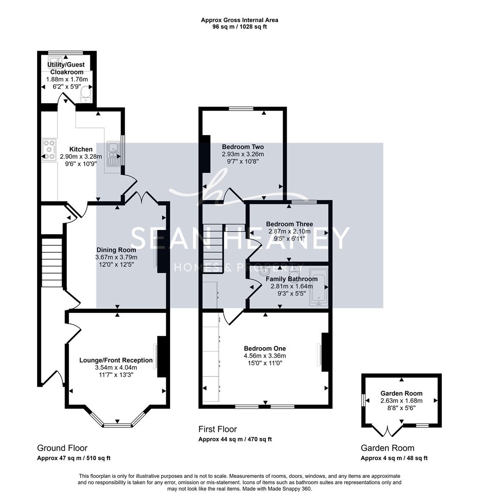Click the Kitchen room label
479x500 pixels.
point(81,149)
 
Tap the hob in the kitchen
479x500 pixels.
point(50,150)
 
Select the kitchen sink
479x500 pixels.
point(113,154)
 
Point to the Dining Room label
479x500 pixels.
point(116,250)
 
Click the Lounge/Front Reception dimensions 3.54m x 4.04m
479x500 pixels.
point(116,367)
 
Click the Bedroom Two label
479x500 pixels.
point(243,147)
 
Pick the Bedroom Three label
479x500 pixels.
point(290,224)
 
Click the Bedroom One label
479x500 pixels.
point(265,349)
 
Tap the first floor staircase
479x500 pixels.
point(213,248)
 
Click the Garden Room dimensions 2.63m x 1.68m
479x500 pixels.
point(402,401)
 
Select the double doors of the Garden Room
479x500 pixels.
point(388,431)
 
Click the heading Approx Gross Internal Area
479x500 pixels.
point(239,20)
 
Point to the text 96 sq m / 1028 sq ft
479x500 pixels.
point(239,27)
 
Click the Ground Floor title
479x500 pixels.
point(62,448)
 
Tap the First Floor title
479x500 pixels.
point(218,429)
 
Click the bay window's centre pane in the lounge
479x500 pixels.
point(117,425)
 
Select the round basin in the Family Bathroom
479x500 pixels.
point(265,272)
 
